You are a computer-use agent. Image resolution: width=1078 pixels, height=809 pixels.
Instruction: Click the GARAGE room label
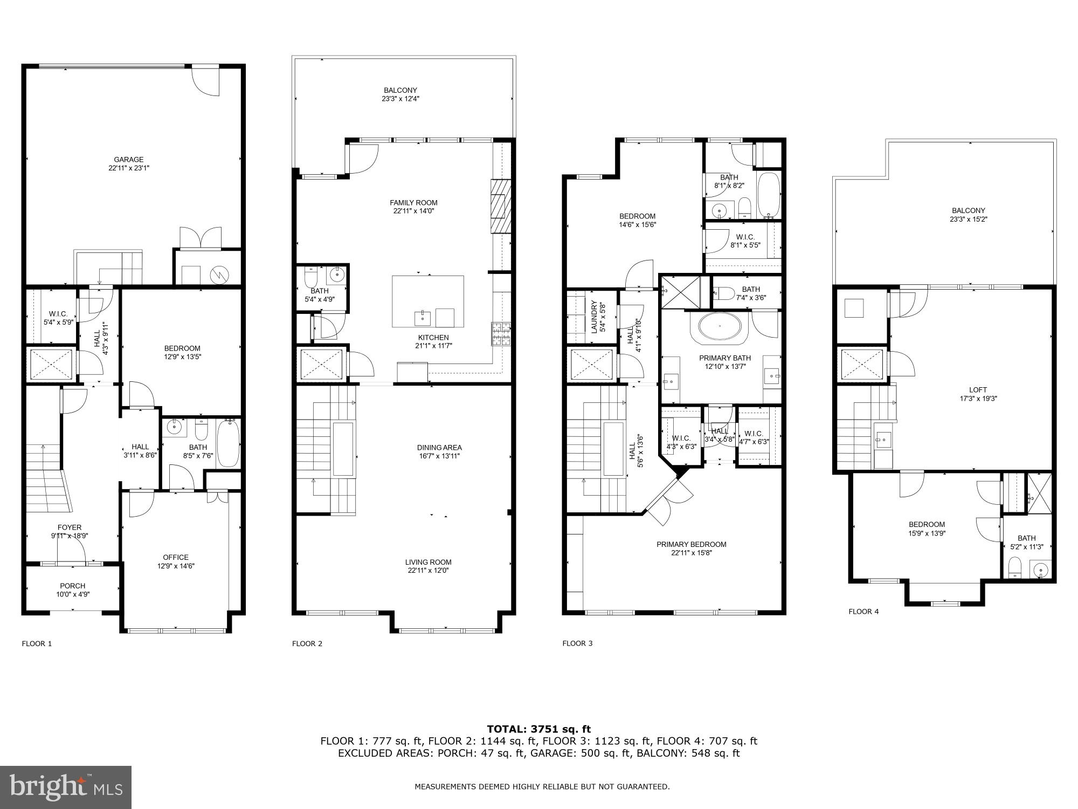click(128, 160)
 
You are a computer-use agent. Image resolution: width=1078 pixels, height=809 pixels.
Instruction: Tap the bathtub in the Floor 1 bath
click(227, 443)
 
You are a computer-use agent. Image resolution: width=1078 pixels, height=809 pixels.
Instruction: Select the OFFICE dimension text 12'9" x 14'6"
click(176, 566)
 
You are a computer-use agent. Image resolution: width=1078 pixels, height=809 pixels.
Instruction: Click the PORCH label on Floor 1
click(72, 586)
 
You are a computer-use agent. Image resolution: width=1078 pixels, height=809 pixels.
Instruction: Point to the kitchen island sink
click(423, 318)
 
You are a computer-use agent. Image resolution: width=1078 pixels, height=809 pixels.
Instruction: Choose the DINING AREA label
click(439, 448)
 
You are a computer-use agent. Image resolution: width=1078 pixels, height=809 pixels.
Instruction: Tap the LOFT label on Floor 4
click(978, 390)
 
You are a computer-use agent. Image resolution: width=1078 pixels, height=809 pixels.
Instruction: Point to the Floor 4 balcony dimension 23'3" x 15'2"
click(968, 220)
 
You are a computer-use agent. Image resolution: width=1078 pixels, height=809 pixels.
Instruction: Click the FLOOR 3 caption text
click(577, 643)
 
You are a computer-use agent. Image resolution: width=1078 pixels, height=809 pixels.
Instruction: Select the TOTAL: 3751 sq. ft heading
click(538, 729)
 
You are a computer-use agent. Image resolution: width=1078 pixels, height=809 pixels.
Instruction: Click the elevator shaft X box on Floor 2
click(321, 364)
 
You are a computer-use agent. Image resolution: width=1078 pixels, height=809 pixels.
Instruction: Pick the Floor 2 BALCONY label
click(400, 90)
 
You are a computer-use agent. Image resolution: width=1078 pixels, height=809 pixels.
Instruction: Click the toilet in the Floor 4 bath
click(1014, 567)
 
